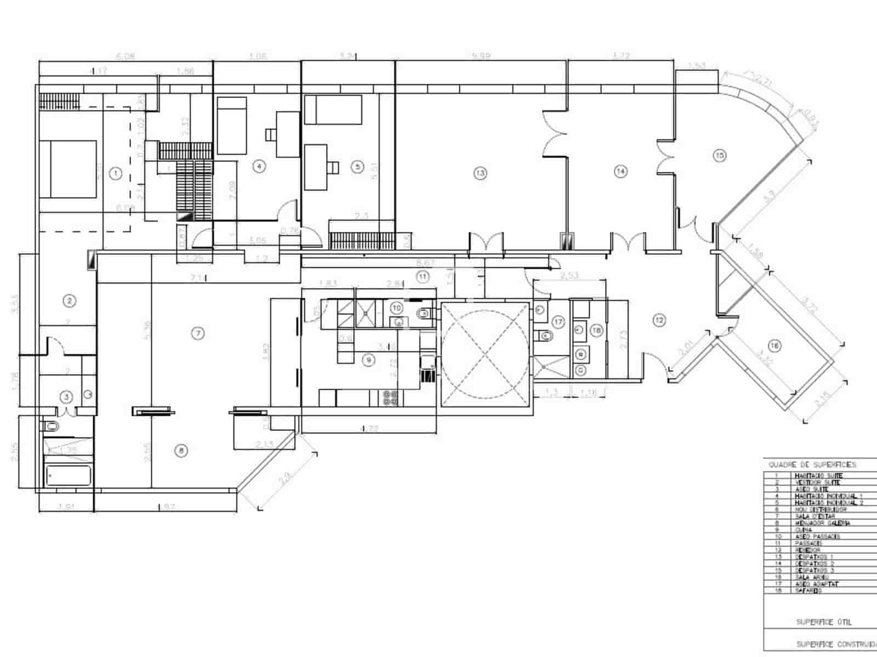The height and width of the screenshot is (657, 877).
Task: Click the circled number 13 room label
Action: [480, 173]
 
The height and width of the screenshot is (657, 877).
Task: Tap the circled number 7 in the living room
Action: [198, 333]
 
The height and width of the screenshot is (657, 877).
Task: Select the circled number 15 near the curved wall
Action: [720, 155]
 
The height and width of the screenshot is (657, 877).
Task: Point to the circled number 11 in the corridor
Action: [423, 276]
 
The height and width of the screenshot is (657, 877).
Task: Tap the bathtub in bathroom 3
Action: [69, 475]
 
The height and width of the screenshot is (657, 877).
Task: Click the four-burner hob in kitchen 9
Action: [391, 397]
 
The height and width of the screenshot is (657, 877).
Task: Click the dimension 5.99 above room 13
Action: [481, 56]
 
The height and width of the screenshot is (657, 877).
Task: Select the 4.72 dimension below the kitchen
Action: [370, 428]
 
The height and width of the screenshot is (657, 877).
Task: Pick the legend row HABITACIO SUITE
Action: [818, 476]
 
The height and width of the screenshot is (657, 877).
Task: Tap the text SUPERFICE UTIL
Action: [823, 622]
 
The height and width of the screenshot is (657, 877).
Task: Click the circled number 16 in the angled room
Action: [774, 345]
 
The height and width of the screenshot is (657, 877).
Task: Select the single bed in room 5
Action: [333, 110]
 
